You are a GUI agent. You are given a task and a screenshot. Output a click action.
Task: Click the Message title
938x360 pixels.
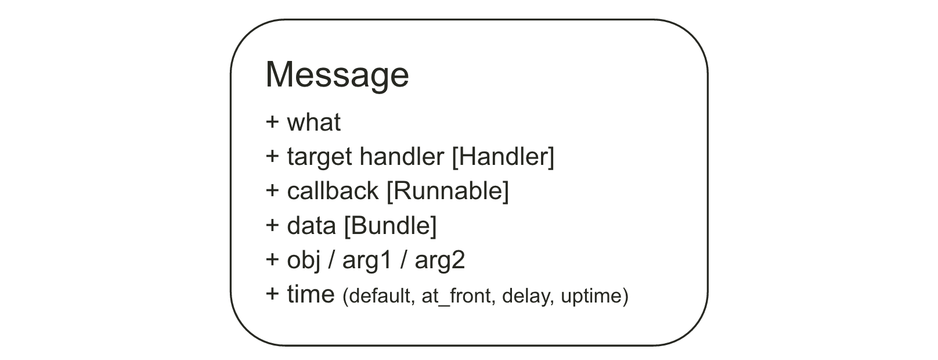(x=337, y=75)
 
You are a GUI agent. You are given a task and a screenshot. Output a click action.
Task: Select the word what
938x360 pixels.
(x=313, y=123)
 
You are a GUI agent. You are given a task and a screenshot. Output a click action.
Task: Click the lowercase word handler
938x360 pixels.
(x=402, y=157)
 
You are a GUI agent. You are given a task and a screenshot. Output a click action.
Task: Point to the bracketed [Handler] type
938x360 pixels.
(x=503, y=157)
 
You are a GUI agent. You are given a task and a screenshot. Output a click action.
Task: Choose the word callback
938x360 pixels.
(x=333, y=191)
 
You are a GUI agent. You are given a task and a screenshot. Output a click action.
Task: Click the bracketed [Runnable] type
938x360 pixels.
(x=448, y=191)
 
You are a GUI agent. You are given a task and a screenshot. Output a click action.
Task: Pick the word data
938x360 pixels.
(x=311, y=226)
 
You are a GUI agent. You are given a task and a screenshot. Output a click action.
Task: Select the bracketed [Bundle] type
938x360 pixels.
(x=390, y=226)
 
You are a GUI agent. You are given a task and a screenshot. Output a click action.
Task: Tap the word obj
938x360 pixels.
(x=304, y=260)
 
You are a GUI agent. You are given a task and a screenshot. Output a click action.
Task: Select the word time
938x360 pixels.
(x=311, y=294)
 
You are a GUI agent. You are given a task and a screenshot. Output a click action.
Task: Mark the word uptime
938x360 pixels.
(x=591, y=297)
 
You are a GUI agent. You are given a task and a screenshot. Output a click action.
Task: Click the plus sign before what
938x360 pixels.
(x=272, y=123)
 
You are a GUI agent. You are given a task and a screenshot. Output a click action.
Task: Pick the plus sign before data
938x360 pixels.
(x=272, y=225)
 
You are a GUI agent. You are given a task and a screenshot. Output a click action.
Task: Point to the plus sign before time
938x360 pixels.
(x=272, y=294)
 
